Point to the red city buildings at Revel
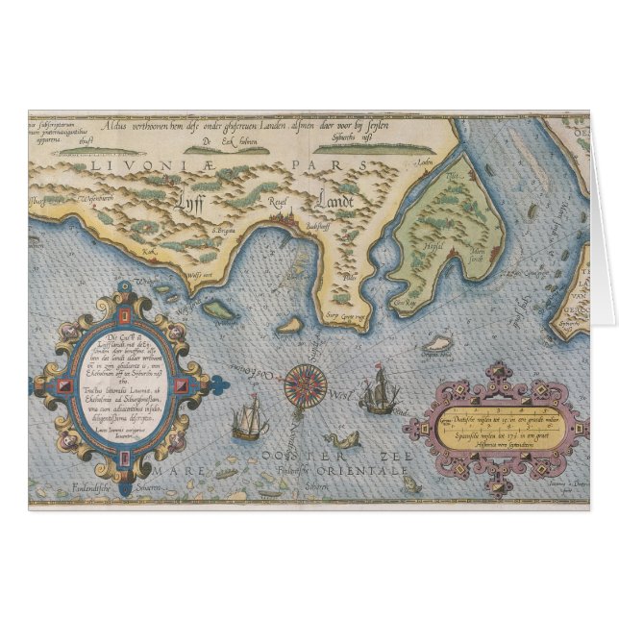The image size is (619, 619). tap(280, 219)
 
